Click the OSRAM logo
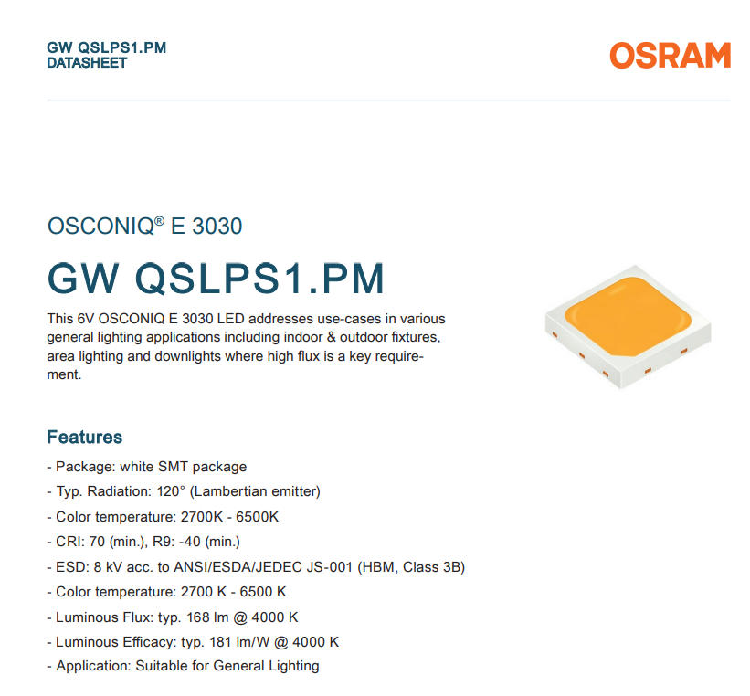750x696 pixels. (671, 55)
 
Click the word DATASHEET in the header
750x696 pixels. (87, 63)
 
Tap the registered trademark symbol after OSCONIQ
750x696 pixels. (160, 220)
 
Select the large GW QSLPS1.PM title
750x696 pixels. (216, 279)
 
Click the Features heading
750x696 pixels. (85, 437)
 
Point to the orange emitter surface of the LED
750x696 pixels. (628, 316)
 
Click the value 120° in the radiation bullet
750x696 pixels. (171, 491)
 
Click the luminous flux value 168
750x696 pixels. (198, 617)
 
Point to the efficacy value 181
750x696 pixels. (220, 642)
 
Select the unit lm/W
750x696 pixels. (253, 642)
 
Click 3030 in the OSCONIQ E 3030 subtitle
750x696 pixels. (217, 227)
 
